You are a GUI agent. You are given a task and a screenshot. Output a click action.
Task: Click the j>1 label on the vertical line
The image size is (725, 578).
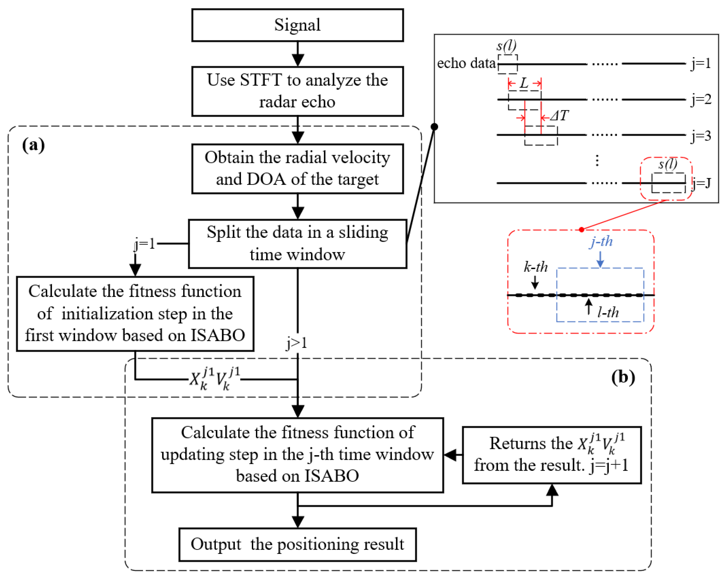click(297, 343)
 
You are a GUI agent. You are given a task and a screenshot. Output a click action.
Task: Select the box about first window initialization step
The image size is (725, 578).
click(135, 314)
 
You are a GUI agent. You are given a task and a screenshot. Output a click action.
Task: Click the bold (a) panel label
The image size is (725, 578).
click(33, 145)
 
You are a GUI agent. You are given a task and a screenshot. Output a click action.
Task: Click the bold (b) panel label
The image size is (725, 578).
click(623, 377)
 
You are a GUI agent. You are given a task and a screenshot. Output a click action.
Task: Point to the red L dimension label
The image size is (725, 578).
click(524, 83)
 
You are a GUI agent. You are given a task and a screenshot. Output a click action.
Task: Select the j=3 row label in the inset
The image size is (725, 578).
click(701, 136)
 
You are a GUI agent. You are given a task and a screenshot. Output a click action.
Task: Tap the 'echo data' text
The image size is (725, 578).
click(466, 63)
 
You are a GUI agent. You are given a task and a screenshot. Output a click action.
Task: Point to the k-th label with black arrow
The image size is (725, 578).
click(536, 267)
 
